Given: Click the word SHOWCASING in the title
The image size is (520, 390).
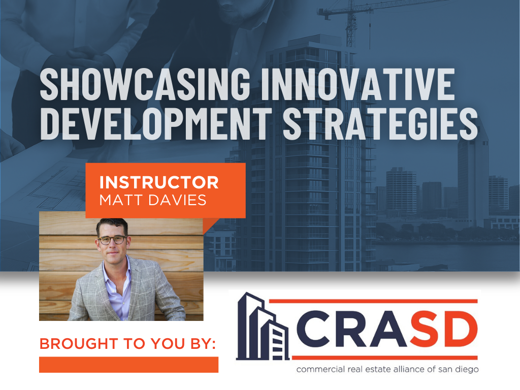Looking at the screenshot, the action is click(145, 84).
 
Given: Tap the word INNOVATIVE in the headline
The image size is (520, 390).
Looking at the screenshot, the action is click(358, 84).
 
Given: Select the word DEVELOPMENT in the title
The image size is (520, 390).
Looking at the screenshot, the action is click(156, 123).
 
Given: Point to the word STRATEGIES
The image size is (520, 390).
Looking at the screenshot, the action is click(380, 123).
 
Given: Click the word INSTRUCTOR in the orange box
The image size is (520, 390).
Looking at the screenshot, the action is click(159, 182).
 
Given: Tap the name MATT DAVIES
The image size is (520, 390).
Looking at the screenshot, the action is click(152, 200).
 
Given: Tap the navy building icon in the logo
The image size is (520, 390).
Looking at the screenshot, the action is click(262, 327).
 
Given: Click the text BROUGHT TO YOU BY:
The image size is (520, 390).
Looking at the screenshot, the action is click(127, 344).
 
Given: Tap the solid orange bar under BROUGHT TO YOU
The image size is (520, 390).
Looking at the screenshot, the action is click(128, 365).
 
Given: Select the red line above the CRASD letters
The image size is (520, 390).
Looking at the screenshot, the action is click(373, 301).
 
